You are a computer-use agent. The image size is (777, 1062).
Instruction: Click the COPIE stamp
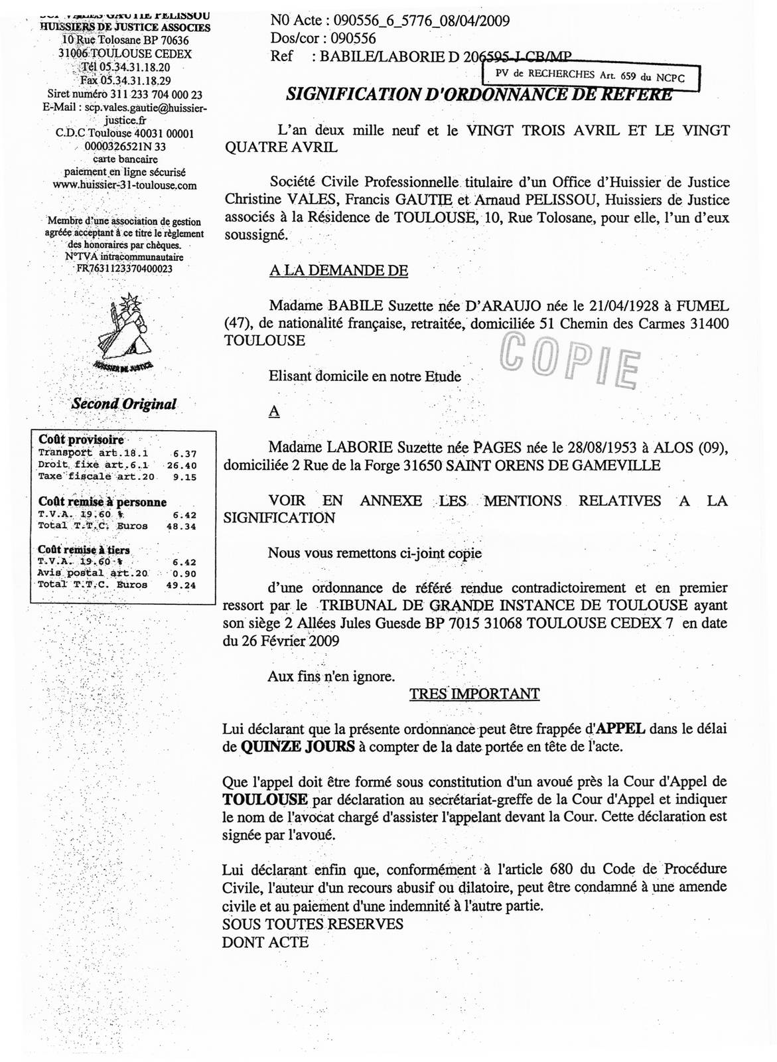pos(569,362)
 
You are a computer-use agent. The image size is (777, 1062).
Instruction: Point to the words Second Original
pos(124,404)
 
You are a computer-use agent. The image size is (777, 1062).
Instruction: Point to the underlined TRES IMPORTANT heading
pos(474,694)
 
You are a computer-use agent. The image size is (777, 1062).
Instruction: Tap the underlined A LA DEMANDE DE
pos(338,270)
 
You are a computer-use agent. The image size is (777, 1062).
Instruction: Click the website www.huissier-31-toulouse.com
pos(124,186)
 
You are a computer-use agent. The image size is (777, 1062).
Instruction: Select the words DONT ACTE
pos(265,941)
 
